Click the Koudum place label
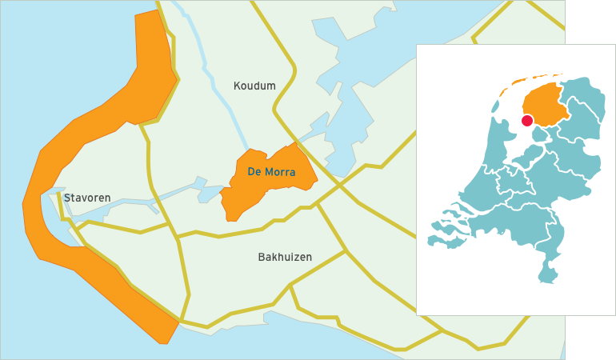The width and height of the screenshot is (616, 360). [254, 86]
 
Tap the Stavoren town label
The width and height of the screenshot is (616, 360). [87, 198]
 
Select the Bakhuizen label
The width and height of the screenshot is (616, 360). [285, 257]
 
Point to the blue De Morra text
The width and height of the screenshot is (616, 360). [271, 172]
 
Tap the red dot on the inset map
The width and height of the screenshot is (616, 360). [526, 121]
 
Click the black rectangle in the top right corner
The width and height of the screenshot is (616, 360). [590, 21]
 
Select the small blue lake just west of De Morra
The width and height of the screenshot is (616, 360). [210, 193]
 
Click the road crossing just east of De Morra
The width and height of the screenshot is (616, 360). [338, 185]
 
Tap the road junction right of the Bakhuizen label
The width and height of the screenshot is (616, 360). [346, 251]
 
